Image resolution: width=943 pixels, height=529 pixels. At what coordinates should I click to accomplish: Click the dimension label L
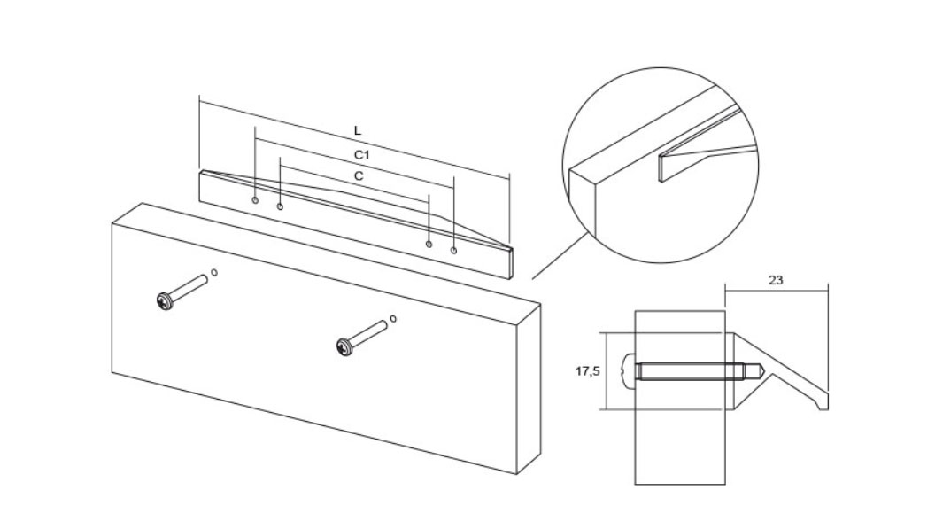pos(358,130)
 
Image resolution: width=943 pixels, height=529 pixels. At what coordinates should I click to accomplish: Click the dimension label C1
pos(361,155)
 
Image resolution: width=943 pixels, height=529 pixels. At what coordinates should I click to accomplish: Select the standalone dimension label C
pos(359,176)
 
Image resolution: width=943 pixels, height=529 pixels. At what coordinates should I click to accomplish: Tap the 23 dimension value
pos(776,280)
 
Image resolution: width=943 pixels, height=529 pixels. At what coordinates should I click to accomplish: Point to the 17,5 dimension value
pos(588,371)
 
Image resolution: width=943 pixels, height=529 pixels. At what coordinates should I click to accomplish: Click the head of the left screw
pos(164,301)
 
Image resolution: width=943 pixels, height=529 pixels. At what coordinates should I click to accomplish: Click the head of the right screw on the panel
pos(344,347)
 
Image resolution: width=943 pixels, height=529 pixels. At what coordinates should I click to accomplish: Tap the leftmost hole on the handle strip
pos(255,199)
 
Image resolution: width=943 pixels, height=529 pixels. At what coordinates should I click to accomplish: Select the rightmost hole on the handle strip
pos(454,250)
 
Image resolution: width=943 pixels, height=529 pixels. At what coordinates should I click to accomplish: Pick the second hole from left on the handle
pos(281,207)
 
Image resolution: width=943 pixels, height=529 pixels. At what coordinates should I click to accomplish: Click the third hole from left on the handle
pos(429,244)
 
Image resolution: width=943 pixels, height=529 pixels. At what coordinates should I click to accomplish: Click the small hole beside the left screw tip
pos(214,273)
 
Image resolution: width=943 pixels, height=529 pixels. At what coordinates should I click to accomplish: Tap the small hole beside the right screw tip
pos(393,319)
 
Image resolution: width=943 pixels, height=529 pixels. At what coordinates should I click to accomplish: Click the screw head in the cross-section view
pos(628,371)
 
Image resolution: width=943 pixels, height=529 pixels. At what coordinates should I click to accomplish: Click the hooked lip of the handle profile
pos(821,401)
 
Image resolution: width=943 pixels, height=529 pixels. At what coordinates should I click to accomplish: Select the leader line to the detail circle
pos(560,256)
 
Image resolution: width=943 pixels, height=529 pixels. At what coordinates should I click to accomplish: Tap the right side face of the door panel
pos(529,389)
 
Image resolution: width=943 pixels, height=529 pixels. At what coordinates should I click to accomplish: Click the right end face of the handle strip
pos(511,263)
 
